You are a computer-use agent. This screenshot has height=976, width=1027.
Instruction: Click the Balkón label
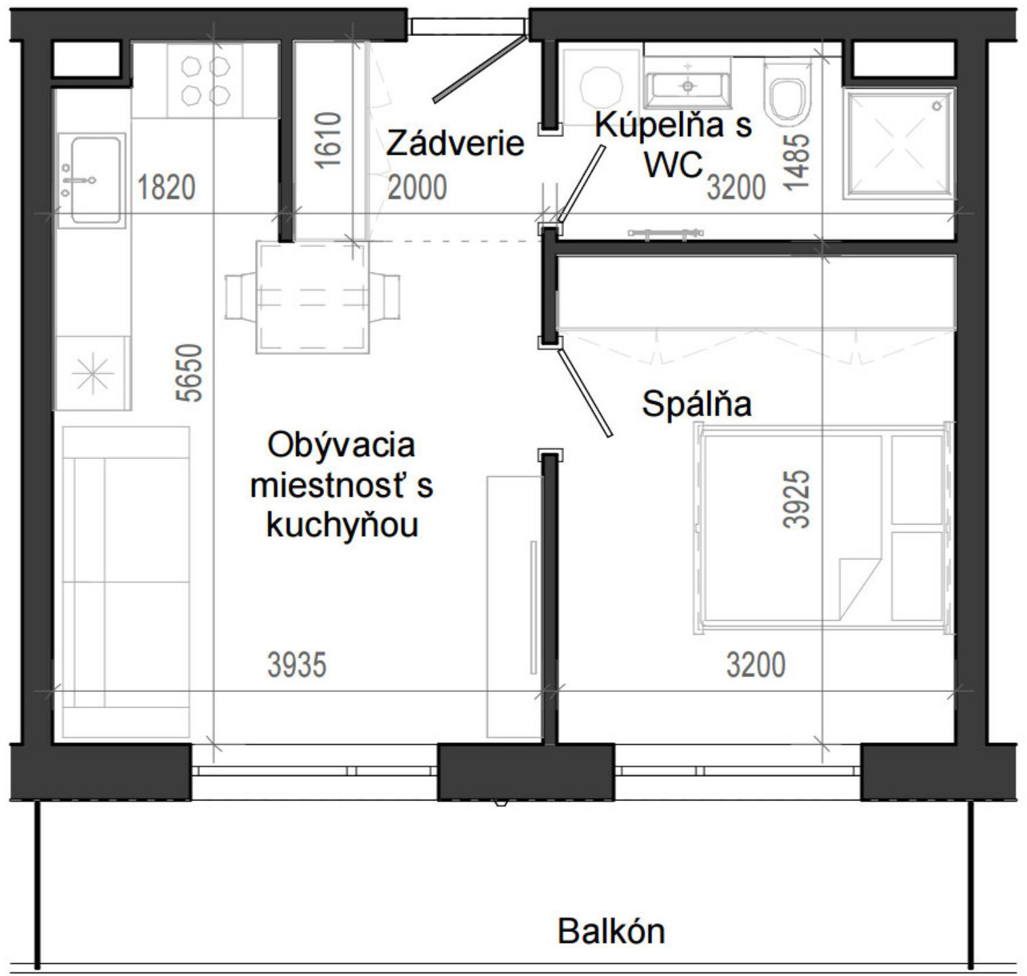[611, 931]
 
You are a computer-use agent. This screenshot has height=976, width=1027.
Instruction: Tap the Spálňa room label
[696, 405]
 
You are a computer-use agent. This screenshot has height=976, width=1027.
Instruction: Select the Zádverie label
[455, 144]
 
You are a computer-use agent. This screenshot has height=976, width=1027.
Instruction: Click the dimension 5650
[192, 373]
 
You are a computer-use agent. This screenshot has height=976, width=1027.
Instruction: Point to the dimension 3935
[297, 665]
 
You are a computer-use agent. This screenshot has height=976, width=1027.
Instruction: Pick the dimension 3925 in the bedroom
[796, 499]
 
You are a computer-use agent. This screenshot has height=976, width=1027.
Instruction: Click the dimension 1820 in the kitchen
[166, 188]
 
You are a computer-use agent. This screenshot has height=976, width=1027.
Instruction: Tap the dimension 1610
[328, 140]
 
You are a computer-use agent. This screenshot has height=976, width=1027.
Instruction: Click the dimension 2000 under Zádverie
[417, 188]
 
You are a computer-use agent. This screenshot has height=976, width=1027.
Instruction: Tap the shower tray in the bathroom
[898, 144]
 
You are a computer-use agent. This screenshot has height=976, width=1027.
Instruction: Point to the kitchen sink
[91, 180]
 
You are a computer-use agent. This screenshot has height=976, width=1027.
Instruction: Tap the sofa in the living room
[125, 583]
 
